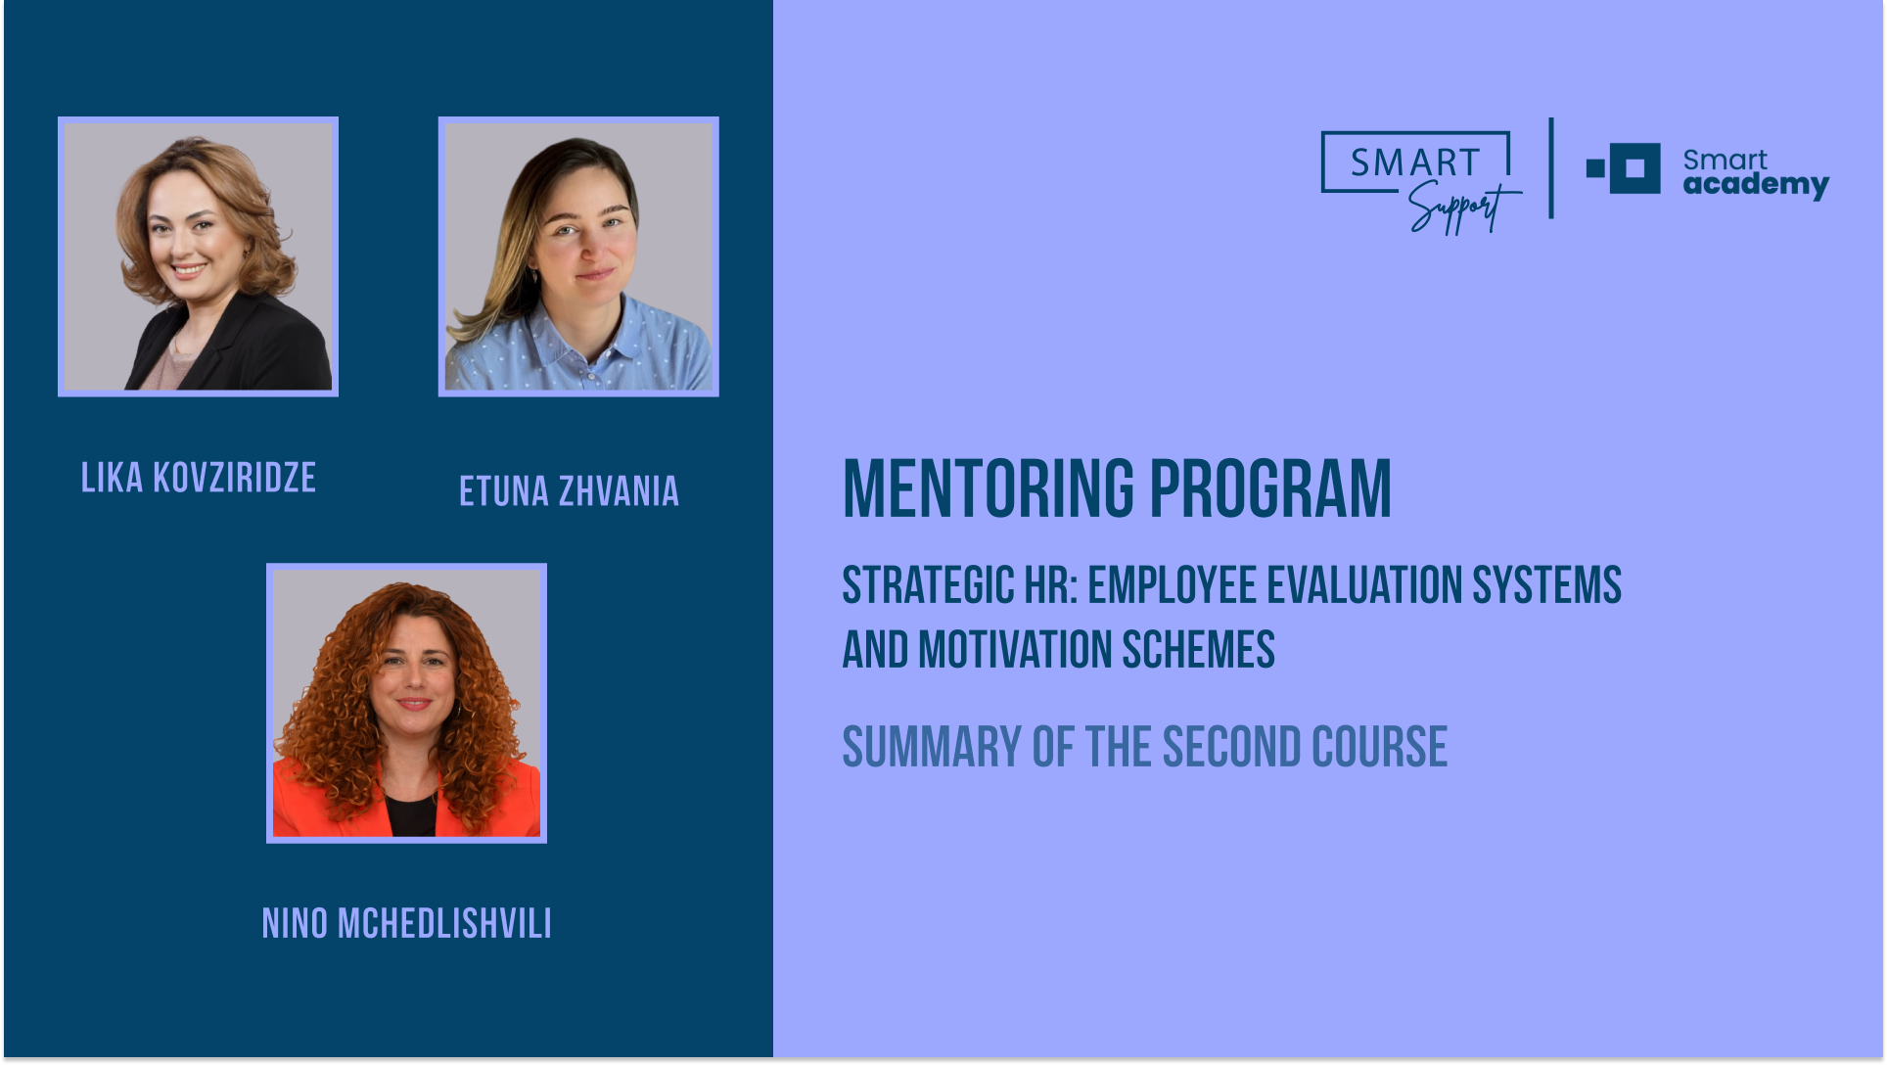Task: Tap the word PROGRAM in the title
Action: [x=1270, y=488]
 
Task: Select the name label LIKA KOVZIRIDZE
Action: [x=199, y=478]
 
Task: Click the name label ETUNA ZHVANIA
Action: [x=569, y=491]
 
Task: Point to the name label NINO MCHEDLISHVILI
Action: [x=406, y=923]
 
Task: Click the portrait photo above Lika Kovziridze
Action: [x=198, y=256]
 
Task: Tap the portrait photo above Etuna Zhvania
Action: [x=578, y=256]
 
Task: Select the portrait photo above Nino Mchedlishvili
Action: [x=406, y=703]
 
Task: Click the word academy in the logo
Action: [x=1756, y=184]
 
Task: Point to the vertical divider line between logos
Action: [x=1551, y=168]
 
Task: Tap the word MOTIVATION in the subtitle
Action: [x=1014, y=650]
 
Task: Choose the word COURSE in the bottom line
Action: [x=1379, y=748]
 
